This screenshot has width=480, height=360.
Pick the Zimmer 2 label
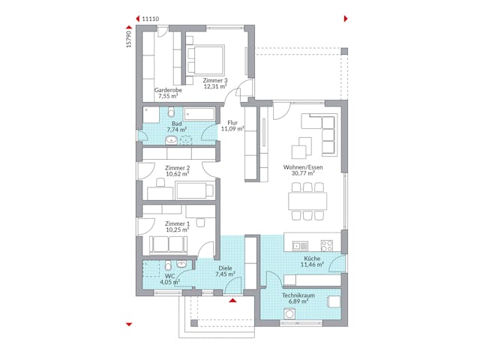(x=177, y=168)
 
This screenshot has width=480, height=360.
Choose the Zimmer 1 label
(x=177, y=223)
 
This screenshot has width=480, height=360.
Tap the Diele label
(x=225, y=268)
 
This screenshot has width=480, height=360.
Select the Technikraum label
(x=298, y=295)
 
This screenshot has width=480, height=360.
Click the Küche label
(x=313, y=259)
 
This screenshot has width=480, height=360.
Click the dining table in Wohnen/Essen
(x=307, y=200)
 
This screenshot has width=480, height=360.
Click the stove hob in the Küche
(x=328, y=244)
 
